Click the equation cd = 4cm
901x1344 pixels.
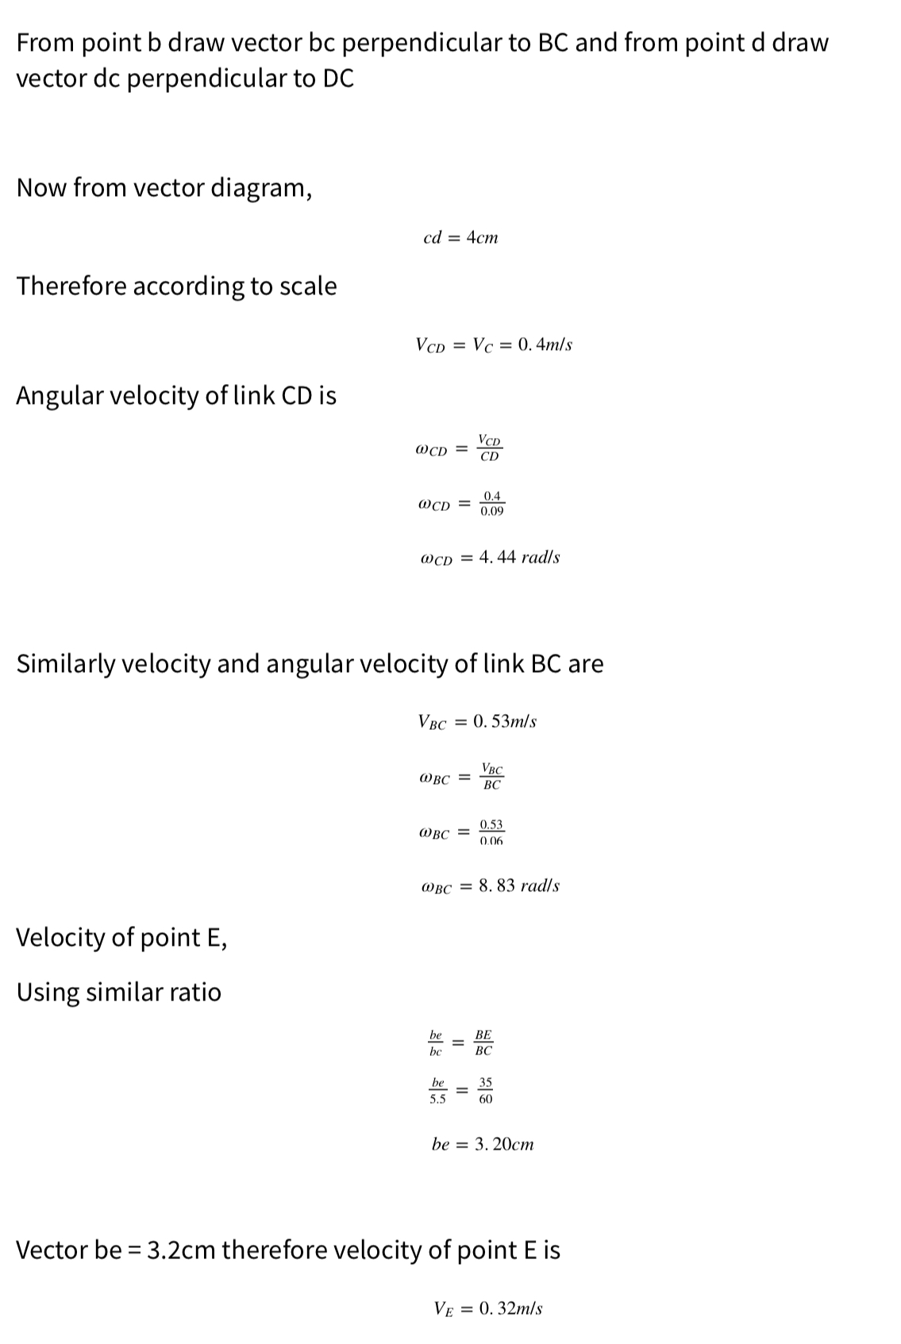(x=461, y=237)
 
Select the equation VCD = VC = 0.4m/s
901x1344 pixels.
(x=494, y=344)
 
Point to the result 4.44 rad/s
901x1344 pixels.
(x=520, y=557)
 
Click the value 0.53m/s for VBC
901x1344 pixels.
(x=504, y=721)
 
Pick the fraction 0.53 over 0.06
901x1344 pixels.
(x=491, y=832)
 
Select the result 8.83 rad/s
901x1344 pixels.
(x=519, y=885)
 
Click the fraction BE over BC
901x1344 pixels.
(x=483, y=1043)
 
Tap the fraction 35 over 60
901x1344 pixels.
(x=485, y=1091)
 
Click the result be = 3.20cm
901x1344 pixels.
(x=483, y=1144)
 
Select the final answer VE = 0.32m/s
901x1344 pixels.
(x=488, y=1308)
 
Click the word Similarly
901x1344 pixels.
(x=66, y=663)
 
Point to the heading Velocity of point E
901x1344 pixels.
(x=121, y=937)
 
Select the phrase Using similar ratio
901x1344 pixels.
(x=119, y=992)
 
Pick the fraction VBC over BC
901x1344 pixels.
(x=491, y=777)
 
